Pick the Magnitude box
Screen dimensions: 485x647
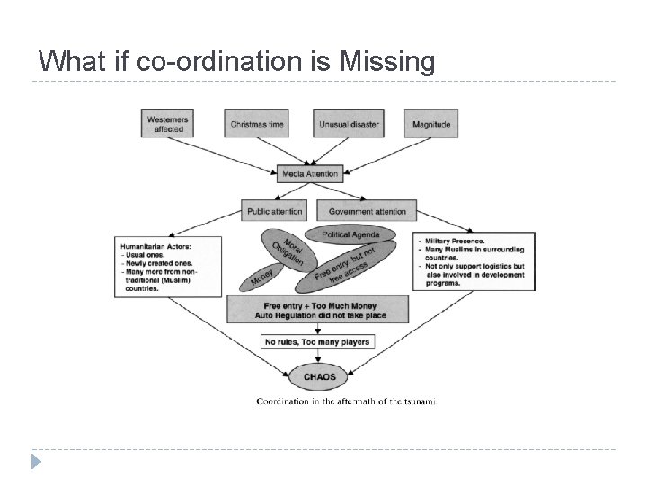click(x=431, y=124)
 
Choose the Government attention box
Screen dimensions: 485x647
click(x=368, y=211)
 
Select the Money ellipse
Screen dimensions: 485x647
click(x=262, y=277)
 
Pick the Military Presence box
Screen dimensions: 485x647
click(x=474, y=260)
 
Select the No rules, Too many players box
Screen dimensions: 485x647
click(x=317, y=341)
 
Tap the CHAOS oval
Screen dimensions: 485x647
click(x=317, y=376)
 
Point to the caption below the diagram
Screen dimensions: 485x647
click(x=347, y=401)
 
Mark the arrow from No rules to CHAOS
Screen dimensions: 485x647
click(x=317, y=356)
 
